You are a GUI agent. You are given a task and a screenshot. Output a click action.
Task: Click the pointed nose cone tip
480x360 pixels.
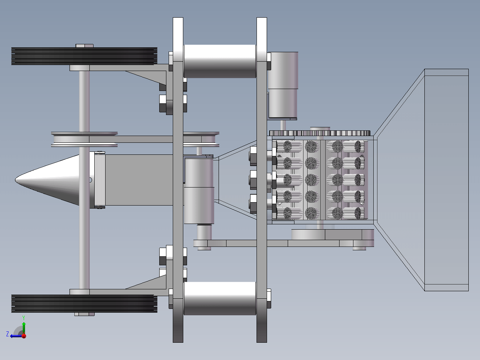15,180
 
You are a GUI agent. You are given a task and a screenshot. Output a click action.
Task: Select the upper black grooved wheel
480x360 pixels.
84,56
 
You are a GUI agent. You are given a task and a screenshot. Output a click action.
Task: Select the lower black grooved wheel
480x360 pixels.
84,304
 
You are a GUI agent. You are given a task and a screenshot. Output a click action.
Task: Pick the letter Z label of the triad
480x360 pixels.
8,334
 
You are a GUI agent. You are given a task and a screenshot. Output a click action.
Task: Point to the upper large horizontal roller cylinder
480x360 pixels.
220,61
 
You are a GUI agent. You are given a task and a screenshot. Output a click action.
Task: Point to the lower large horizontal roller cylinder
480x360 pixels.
220,298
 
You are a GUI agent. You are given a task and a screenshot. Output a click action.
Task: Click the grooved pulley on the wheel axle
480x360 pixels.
84,139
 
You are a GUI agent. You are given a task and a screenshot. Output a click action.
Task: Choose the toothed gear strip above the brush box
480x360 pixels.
320,133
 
